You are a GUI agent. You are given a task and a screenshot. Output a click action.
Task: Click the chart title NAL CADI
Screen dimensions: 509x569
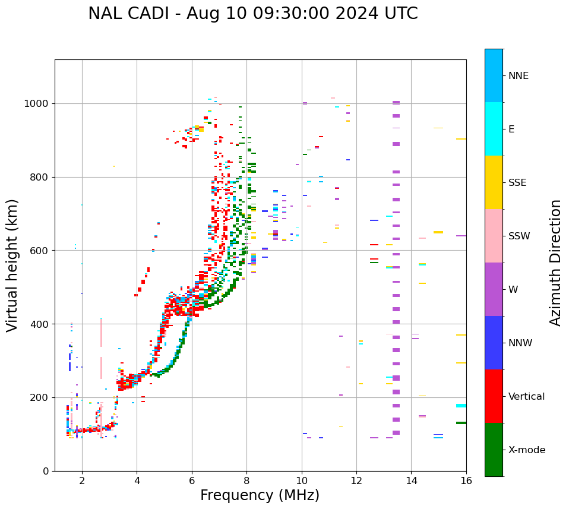[252, 14]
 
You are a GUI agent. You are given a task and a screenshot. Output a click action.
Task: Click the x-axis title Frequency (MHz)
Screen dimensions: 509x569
[260, 495]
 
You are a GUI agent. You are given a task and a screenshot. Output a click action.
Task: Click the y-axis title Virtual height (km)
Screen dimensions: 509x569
[12, 265]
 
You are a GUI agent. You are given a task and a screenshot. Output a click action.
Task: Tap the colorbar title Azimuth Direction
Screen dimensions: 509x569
[555, 263]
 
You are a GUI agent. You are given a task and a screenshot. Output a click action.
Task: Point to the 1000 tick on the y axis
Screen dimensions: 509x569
[37, 103]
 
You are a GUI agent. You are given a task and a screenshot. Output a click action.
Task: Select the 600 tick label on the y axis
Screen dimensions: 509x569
[40, 251]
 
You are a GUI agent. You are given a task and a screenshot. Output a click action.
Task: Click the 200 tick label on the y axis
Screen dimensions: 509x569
[40, 397]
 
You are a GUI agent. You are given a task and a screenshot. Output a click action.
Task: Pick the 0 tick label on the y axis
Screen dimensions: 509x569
[46, 471]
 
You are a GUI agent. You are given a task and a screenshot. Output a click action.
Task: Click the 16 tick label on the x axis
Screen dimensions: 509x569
[466, 480]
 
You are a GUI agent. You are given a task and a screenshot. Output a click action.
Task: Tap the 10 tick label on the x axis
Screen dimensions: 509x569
[302, 480]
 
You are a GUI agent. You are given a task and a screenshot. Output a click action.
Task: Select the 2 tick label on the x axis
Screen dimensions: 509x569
[82, 480]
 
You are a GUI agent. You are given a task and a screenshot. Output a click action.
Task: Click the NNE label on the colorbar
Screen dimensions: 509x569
[519, 76]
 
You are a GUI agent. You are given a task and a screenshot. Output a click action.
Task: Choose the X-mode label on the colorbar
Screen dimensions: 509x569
[527, 450]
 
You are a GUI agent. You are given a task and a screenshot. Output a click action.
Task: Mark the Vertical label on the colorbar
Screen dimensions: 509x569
[527, 397]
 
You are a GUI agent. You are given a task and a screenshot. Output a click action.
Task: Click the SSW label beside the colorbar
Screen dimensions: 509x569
[519, 236]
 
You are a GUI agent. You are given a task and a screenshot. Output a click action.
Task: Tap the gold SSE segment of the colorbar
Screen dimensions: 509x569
[494, 182]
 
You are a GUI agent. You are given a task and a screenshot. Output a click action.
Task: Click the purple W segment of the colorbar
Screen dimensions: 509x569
[494, 289]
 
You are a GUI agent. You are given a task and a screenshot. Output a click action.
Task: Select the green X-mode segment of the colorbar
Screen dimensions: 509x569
[494, 450]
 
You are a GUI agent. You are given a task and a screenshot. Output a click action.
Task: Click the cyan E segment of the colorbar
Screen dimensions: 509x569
[494, 129]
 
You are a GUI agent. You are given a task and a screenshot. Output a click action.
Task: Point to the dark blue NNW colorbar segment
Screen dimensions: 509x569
[494, 343]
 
